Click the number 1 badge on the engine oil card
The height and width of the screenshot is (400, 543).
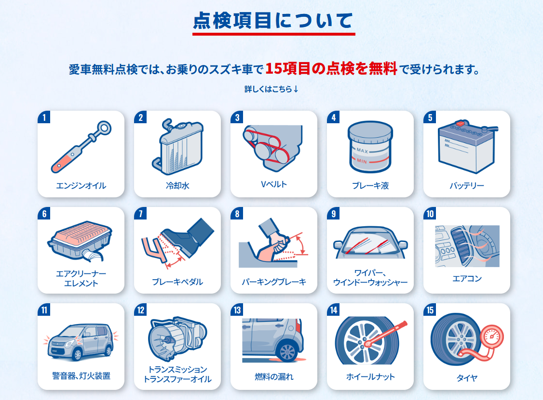coord(44,117)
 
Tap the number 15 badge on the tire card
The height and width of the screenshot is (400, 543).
coord(430,310)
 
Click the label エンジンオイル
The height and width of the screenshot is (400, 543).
coord(81,186)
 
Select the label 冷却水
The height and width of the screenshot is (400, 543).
coord(177,186)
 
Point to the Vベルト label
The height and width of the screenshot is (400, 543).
coord(274,184)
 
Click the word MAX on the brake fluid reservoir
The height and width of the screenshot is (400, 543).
coord(362,151)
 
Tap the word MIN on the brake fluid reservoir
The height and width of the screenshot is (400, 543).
coord(362,161)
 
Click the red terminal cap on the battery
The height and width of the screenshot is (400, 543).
coord(461,123)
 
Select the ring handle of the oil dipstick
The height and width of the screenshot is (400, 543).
coord(104,128)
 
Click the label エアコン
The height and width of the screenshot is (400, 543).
coord(467,279)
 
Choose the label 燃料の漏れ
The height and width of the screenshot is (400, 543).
coord(274,377)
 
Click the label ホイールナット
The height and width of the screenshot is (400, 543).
coord(370,377)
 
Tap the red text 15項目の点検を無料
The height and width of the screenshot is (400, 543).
coord(331,68)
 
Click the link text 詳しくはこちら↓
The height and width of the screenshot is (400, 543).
coord(271,89)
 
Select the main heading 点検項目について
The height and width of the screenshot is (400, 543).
coord(273,20)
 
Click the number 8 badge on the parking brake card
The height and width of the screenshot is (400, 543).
coord(237,214)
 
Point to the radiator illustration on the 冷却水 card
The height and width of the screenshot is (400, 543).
coord(177,146)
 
